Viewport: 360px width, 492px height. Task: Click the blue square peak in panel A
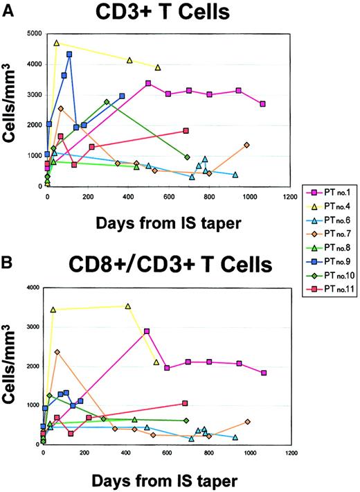tap(69, 54)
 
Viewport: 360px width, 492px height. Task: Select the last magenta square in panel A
tap(262, 104)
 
